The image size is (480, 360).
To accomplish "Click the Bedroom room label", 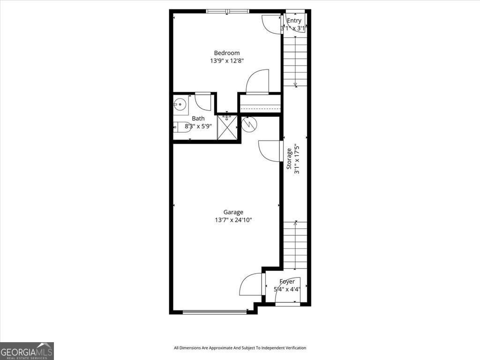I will (x=227, y=53).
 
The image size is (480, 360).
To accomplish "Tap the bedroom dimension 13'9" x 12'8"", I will (x=227, y=60).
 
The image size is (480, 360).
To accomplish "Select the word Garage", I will (x=233, y=212).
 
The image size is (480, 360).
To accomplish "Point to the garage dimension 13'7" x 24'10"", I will (x=233, y=220).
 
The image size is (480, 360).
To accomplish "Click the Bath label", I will (x=198, y=119).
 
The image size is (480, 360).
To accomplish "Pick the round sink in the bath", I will (x=180, y=104).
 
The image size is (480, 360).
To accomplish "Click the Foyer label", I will (x=287, y=282).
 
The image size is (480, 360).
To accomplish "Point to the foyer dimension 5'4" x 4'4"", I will (x=287, y=289).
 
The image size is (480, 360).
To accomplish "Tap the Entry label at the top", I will (x=294, y=21).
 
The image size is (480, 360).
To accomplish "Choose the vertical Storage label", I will (x=290, y=158).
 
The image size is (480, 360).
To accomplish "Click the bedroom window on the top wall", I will (x=227, y=11).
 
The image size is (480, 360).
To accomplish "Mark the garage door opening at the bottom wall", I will (x=215, y=311).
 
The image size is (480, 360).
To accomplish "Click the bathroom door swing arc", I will (x=203, y=101).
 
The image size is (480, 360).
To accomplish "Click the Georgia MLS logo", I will (x=27, y=351).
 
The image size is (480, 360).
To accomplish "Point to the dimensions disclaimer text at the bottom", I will (x=240, y=348).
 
